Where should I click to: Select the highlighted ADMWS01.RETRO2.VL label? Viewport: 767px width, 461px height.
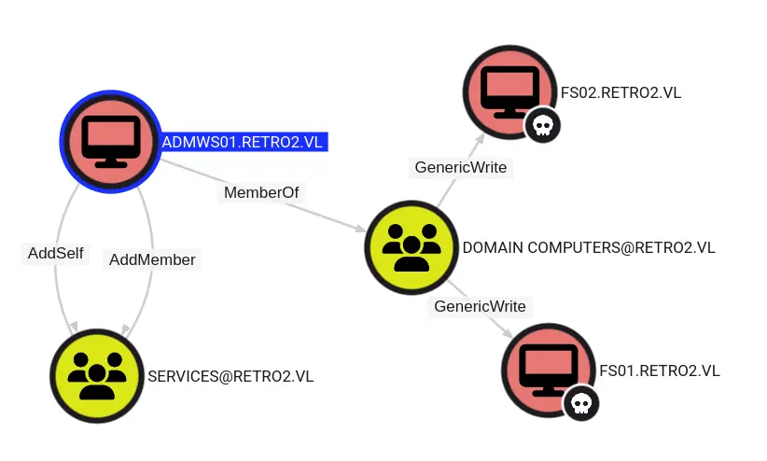point(244,142)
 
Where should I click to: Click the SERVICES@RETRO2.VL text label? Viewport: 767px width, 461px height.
point(230,376)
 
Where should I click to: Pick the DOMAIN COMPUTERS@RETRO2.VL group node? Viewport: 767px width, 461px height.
point(411,247)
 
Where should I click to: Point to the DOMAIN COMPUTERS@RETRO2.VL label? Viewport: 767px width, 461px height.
point(589,247)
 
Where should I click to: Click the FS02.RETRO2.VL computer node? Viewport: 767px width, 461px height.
point(509,91)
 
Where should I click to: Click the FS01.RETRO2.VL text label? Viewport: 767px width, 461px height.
point(659,370)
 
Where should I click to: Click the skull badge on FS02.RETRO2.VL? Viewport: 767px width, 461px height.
point(542,125)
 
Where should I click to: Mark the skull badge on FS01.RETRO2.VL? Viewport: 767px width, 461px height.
point(580,403)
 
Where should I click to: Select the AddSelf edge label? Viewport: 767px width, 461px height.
point(54,253)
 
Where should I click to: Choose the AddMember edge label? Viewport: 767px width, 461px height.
point(153,259)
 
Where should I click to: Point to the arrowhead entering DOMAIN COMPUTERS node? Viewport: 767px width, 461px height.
point(361,228)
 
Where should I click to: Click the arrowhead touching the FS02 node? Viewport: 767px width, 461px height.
point(480,137)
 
